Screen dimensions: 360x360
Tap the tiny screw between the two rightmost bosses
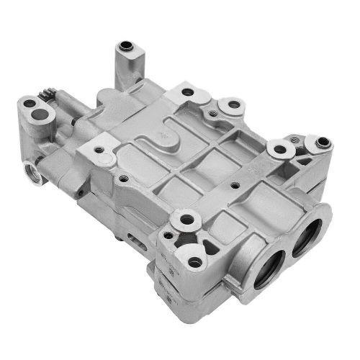pyautogui.click(x=303, y=153)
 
